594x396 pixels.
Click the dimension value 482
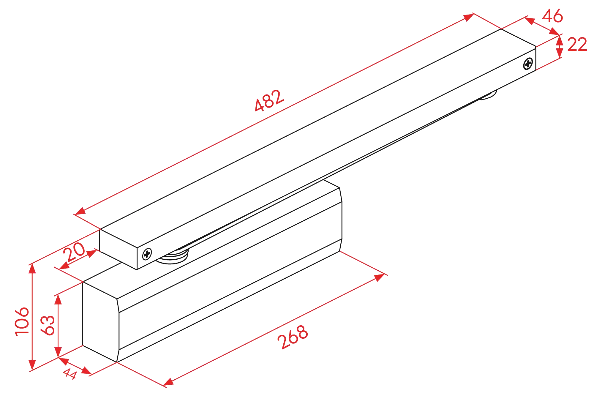pyautogui.click(x=269, y=100)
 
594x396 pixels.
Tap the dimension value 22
pyautogui.click(x=577, y=45)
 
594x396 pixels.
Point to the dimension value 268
pyautogui.click(x=293, y=337)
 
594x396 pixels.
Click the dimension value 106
pyautogui.click(x=22, y=322)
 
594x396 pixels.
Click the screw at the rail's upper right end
pyautogui.click(x=528, y=63)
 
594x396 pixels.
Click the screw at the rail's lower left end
pyautogui.click(x=147, y=253)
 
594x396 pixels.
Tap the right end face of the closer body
pyautogui.click(x=341, y=220)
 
